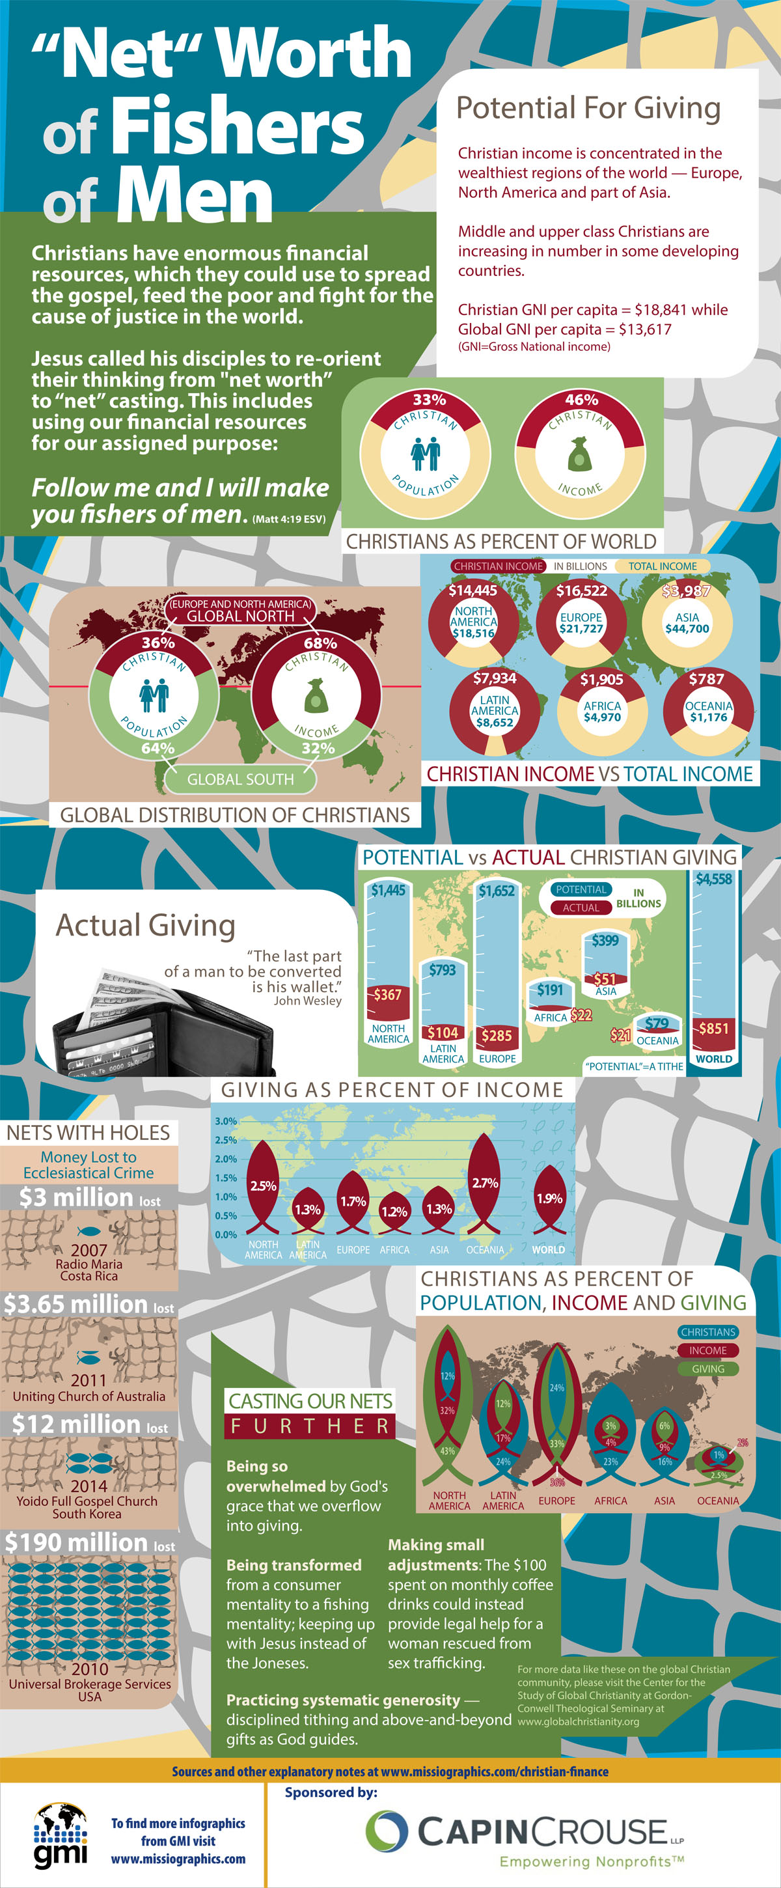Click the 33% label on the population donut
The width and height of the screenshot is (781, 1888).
pos(429,400)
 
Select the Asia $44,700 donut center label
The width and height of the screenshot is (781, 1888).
pos(687,623)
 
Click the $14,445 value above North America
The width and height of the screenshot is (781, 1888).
pos(473,590)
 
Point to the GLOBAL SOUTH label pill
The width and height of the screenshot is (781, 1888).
pos(240,779)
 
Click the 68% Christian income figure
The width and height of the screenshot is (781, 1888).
pos(320,643)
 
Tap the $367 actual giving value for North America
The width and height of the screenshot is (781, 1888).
pos(387,995)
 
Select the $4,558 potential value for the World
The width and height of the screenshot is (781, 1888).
pos(713,879)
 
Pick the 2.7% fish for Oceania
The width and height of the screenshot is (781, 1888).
pos(484,1183)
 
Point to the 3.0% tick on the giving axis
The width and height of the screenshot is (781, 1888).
pos(226,1121)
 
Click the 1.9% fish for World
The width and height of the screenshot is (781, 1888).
pos(549,1199)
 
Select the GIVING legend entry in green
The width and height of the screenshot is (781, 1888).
pos(707,1368)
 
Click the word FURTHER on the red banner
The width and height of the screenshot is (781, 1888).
pos(310,1426)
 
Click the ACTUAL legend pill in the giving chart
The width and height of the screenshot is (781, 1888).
pos(581,908)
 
